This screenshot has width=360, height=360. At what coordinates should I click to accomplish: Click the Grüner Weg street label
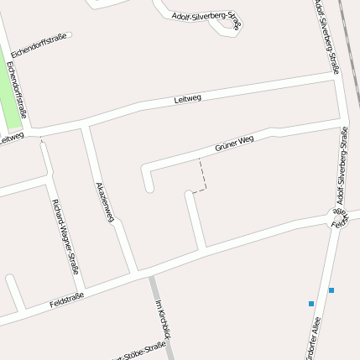coord(234,144)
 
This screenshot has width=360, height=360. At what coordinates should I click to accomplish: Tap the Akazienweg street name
coord(105,202)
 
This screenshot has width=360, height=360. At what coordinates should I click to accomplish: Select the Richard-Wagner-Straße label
coord(65,237)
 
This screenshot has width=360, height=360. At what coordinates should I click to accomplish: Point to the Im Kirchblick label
coord(164,320)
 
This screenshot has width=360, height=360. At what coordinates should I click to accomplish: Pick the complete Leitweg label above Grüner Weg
coord(187,99)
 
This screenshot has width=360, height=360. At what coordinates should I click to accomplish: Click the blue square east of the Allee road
coord(331,290)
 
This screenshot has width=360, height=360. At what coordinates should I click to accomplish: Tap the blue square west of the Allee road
coord(311,303)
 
